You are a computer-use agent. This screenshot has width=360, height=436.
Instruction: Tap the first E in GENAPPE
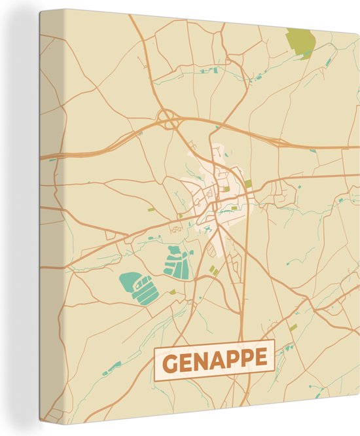(x=187, y=359)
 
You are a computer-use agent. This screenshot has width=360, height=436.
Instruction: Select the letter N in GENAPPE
(x=203, y=359)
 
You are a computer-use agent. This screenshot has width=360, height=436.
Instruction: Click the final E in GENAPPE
(x=262, y=359)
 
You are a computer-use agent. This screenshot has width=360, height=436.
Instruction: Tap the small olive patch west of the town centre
(x=151, y=209)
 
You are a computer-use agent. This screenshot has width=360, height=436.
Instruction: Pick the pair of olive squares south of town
(x=213, y=270)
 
